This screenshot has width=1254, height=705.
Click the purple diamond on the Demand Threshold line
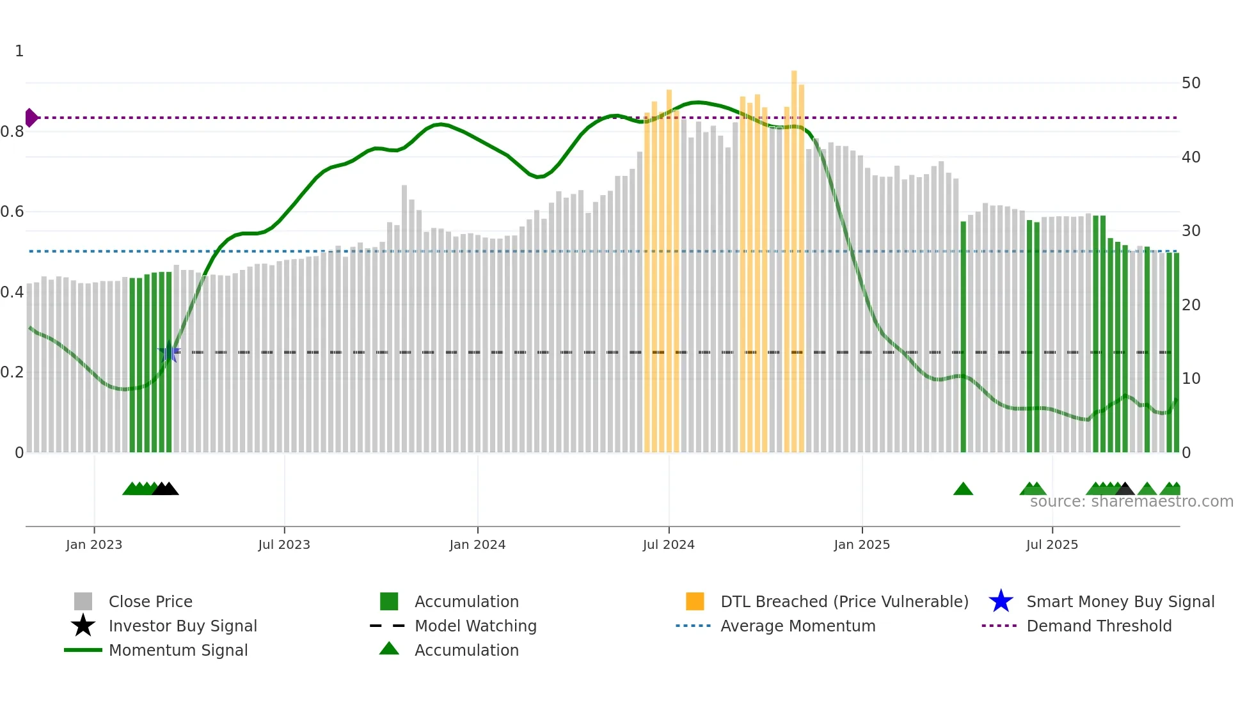pyautogui.click(x=31, y=118)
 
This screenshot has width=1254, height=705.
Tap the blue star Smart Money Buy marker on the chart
pyautogui.click(x=169, y=352)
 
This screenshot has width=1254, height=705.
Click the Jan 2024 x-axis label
pyautogui.click(x=477, y=544)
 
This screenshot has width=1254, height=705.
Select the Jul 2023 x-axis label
pyautogui.click(x=284, y=544)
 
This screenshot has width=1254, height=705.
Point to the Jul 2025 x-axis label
pyautogui.click(x=1052, y=544)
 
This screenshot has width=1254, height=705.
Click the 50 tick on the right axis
pyautogui.click(x=1191, y=83)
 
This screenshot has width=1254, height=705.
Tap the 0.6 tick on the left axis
pyautogui.click(x=13, y=212)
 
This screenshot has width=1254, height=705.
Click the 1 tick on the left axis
pyautogui.click(x=19, y=51)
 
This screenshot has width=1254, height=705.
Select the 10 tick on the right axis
pyautogui.click(x=1191, y=379)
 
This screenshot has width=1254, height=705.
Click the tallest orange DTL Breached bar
pyautogui.click(x=794, y=256)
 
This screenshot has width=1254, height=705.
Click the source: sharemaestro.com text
pyautogui.click(x=1131, y=502)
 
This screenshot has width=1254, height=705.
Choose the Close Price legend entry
pyautogui.click(x=150, y=601)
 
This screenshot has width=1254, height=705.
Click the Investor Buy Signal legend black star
pyautogui.click(x=83, y=626)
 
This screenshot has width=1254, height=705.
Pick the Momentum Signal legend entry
pyautogui.click(x=178, y=650)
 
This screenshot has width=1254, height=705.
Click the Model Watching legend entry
pyautogui.click(x=475, y=626)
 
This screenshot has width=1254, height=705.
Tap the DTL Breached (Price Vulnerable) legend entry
pyautogui.click(x=844, y=601)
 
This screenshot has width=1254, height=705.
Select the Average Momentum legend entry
pyautogui.click(x=798, y=626)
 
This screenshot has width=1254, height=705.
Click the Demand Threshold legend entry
pyautogui.click(x=1099, y=626)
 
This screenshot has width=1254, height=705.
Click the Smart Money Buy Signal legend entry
pyautogui.click(x=1120, y=601)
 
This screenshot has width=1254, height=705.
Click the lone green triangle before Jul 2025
pyautogui.click(x=963, y=489)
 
